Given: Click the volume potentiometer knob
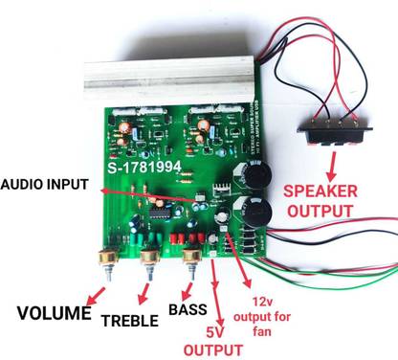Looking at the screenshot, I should [x=105, y=258].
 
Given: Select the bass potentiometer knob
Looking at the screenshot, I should [x=192, y=258].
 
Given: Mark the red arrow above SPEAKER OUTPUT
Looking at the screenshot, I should [x=332, y=160].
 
